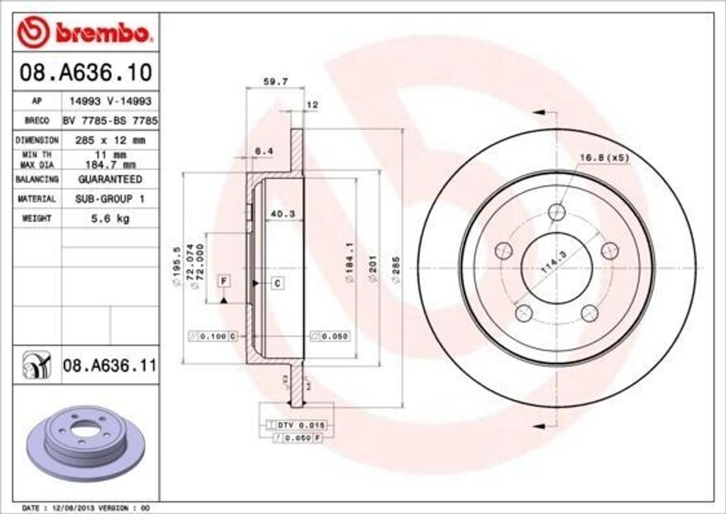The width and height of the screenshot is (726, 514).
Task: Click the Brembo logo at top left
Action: (x=85, y=32)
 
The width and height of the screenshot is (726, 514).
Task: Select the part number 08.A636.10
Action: (x=85, y=72)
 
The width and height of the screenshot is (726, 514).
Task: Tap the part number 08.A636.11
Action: (x=109, y=366)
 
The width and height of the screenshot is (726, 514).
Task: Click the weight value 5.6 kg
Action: (x=110, y=219)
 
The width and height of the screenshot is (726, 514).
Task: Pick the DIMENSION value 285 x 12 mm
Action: (x=110, y=140)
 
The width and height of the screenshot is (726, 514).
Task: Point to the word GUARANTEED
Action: (x=110, y=179)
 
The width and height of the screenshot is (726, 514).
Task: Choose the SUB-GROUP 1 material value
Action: (x=110, y=199)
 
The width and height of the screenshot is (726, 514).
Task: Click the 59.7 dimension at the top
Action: (x=275, y=82)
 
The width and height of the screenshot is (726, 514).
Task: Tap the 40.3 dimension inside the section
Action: (x=284, y=213)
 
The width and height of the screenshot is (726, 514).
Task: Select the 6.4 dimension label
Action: (x=264, y=150)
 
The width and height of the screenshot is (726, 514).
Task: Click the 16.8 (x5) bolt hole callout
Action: (x=604, y=157)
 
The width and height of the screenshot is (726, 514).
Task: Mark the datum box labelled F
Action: (x=223, y=281)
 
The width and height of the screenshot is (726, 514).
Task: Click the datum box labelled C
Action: (x=277, y=284)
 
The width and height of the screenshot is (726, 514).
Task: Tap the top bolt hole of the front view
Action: (x=557, y=211)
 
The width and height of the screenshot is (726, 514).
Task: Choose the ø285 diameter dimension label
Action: (x=396, y=269)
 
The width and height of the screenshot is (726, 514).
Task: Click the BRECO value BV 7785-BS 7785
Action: (x=110, y=121)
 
